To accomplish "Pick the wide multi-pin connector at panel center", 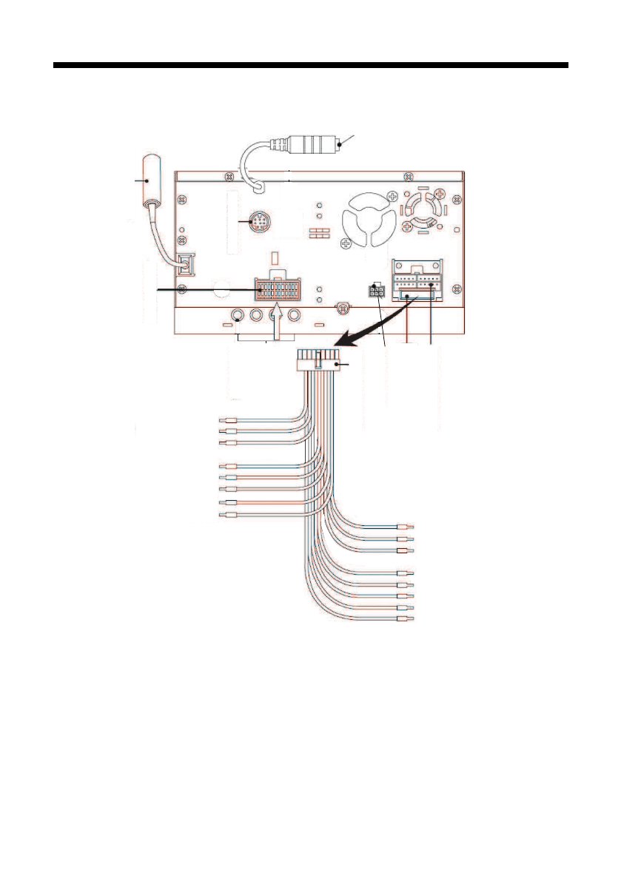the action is (277, 290).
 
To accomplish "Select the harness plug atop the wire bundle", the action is (318, 363).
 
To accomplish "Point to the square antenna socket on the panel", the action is (185, 262).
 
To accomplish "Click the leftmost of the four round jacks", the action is (237, 316).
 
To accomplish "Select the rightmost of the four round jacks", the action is (295, 316).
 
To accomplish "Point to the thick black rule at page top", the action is (310, 67).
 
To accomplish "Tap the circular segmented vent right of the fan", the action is (424, 208).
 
